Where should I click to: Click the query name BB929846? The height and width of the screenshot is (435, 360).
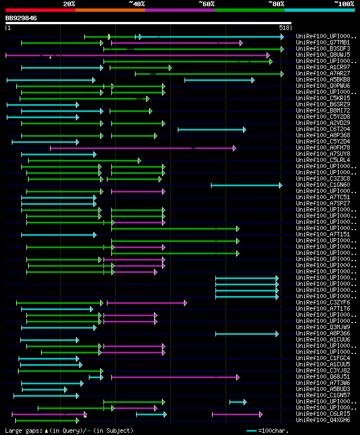21,18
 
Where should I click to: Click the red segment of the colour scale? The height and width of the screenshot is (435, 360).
40,10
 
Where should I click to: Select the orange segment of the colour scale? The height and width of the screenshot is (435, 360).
110,10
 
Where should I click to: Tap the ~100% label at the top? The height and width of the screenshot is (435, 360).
343,3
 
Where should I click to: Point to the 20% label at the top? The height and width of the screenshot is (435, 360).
69,3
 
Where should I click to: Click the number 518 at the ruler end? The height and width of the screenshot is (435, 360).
283,27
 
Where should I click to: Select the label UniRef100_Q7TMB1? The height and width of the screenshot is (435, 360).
323,43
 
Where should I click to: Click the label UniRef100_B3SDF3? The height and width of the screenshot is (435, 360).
323,49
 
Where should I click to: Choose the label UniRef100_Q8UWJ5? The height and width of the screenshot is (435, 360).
323,55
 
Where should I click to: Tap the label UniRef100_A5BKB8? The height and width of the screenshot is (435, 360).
323,80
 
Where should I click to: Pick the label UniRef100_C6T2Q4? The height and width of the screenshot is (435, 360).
323,129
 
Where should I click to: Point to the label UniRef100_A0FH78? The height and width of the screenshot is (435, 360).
323,148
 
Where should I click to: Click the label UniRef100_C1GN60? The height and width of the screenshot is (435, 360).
323,185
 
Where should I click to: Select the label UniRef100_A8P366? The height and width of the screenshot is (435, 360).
323,334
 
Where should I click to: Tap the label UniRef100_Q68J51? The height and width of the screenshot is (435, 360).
323,377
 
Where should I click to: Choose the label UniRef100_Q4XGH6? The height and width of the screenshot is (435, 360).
323,420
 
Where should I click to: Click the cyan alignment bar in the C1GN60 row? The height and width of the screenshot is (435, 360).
246,185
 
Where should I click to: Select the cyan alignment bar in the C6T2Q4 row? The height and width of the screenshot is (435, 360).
211,129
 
